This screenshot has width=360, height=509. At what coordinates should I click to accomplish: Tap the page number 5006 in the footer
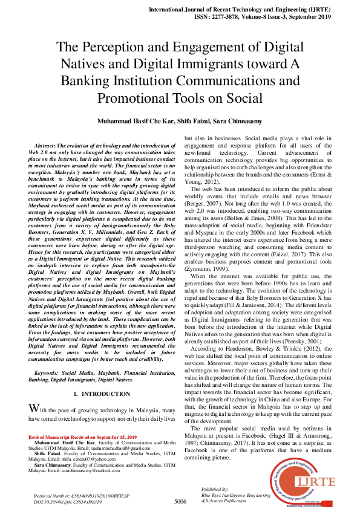180,501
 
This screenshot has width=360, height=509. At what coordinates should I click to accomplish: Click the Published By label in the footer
215,488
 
